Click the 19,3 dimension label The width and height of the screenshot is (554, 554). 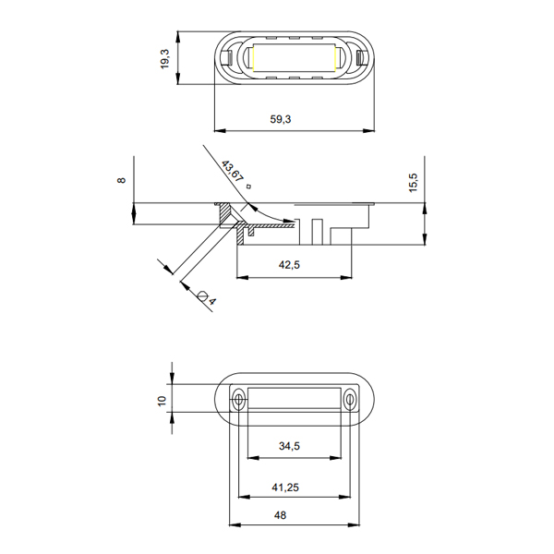[x=165, y=59]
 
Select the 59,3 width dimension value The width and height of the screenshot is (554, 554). [x=281, y=119]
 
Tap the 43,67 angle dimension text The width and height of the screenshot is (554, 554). [x=233, y=172]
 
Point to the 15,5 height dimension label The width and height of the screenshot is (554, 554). [x=413, y=182]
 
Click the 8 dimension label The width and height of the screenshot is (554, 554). [x=121, y=180]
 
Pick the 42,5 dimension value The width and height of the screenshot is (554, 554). [x=289, y=265]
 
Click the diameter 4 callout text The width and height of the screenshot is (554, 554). [x=208, y=298]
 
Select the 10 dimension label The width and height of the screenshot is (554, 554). [x=163, y=401]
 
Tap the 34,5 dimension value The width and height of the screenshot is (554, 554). [x=289, y=446]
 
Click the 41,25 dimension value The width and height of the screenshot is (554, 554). [x=285, y=488]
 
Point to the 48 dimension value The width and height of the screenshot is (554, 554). [x=280, y=515]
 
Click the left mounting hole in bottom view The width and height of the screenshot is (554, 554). [x=239, y=400]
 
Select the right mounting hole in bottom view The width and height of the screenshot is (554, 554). [x=350, y=400]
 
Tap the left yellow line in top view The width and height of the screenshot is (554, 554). [x=253, y=57]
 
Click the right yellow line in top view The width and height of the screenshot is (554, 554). [x=334, y=57]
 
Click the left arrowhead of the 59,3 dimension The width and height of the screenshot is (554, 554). [x=220, y=131]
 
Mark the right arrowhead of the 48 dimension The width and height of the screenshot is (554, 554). [x=354, y=525]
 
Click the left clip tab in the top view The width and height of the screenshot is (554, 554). [x=227, y=57]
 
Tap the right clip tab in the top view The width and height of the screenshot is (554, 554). [x=361, y=57]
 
